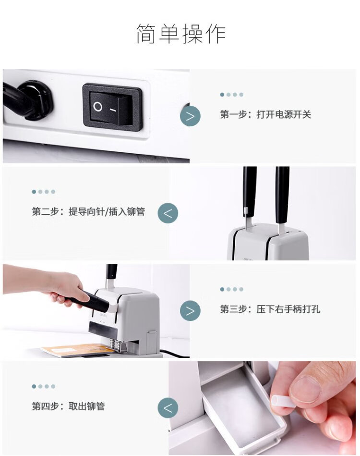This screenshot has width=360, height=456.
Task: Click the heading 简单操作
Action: [181, 34]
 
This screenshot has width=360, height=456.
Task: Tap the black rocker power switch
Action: [112, 107]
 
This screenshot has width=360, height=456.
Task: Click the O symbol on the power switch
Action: [98, 107]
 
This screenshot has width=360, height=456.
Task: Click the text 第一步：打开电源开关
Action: [265, 114]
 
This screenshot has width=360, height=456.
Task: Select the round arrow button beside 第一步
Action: [190, 116]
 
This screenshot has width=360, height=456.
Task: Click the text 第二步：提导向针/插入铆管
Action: [88, 211]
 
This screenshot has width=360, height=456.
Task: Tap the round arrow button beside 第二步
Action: [168, 213]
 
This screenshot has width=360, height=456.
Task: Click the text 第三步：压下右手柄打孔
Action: [270, 309]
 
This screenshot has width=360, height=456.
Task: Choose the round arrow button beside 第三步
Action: [190, 310]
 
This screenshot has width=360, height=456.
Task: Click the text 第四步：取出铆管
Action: [68, 406]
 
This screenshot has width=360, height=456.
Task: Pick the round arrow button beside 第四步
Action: [168, 408]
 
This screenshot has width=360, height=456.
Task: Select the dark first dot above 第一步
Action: [222, 95]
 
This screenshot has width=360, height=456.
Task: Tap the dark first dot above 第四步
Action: [34, 386]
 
